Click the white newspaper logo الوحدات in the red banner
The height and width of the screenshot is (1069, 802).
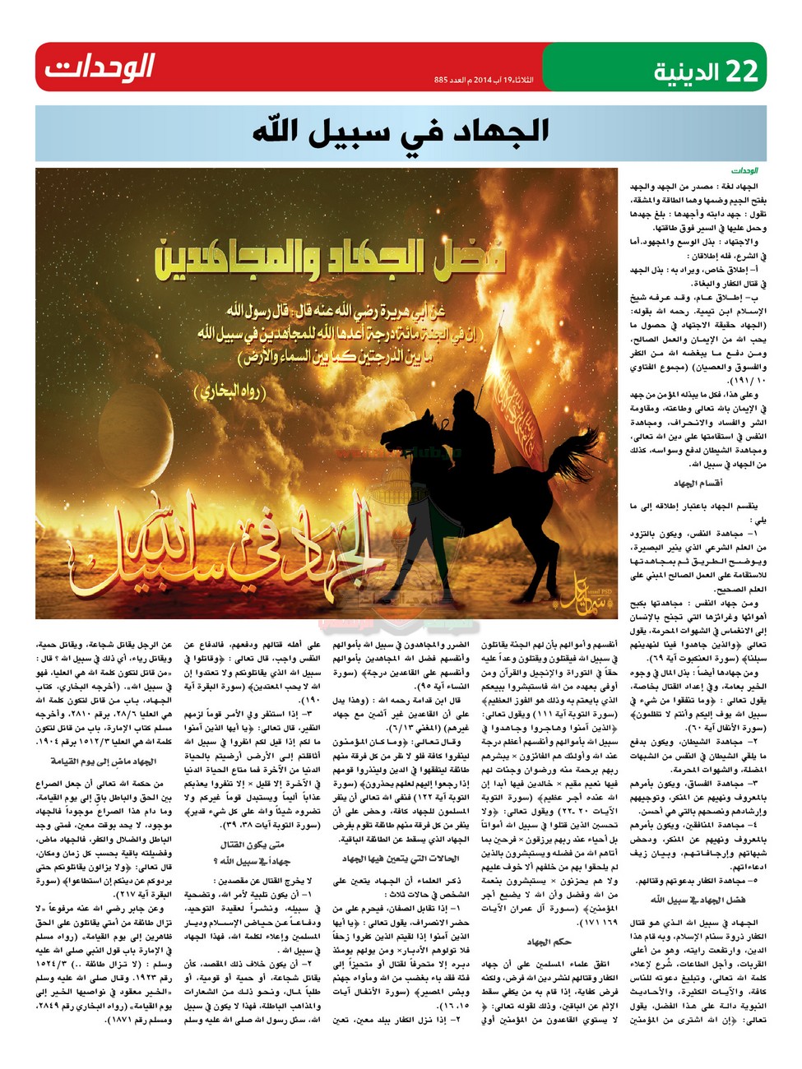point(100,67)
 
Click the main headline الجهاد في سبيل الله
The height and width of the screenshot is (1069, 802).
point(401,130)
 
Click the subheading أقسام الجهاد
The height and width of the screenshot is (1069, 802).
point(698,484)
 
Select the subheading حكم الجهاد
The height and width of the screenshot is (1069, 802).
point(549,942)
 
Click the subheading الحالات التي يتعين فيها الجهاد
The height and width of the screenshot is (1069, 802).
point(401,858)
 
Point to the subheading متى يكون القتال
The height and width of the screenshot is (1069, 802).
point(253,845)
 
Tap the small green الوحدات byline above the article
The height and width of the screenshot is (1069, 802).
point(744,171)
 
